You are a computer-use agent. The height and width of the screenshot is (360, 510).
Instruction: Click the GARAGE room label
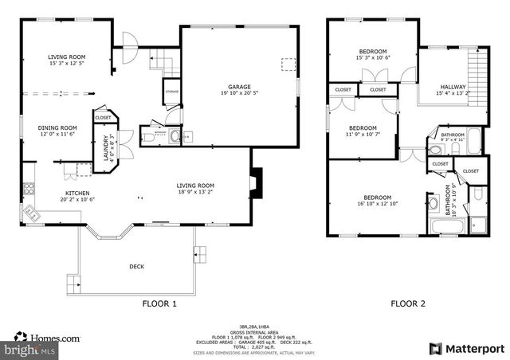239,86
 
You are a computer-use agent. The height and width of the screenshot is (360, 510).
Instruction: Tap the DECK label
137,267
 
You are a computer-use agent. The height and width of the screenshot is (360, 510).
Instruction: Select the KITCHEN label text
76,193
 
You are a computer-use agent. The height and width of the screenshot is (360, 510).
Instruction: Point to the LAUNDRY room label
105,148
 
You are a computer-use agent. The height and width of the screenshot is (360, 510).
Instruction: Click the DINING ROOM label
58,127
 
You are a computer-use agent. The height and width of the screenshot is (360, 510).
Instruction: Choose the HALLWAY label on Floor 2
451,87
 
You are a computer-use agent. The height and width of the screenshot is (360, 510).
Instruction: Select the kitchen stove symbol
29,189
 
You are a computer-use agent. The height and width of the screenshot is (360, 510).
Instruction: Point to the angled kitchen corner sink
33,213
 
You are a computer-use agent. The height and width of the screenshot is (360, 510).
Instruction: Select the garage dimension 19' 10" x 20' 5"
239,93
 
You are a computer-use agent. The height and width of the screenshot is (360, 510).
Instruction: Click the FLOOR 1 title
159,303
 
